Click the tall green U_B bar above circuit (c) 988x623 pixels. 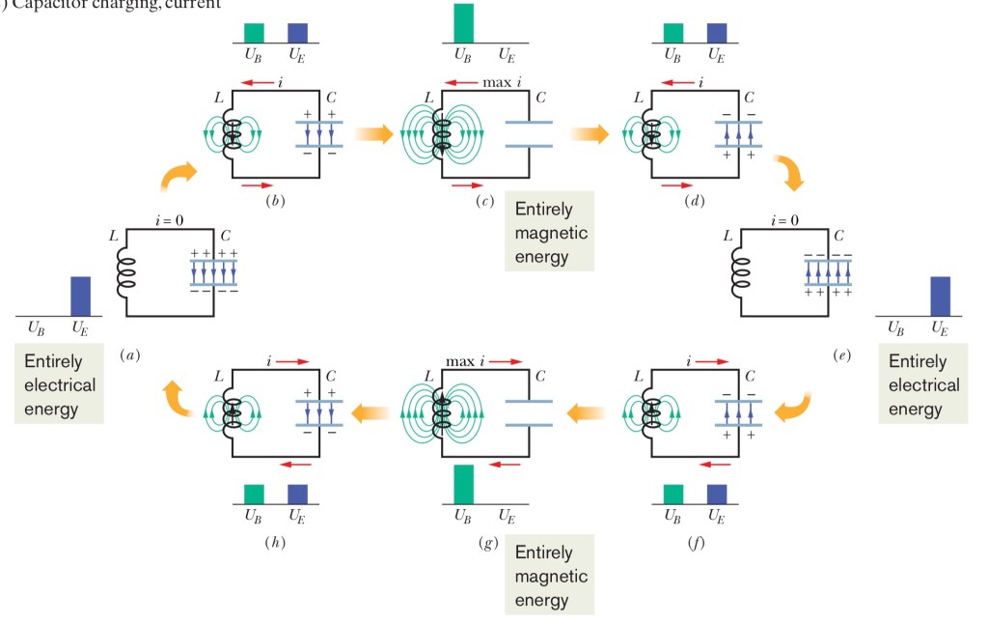click(x=464, y=24)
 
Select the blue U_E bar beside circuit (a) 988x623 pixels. click(x=80, y=296)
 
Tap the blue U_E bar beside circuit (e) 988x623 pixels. click(x=940, y=296)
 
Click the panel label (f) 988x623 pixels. click(x=695, y=542)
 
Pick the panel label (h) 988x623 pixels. click(x=273, y=542)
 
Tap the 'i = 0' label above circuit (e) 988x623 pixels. click(x=785, y=219)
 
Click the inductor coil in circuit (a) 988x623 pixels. click(x=125, y=272)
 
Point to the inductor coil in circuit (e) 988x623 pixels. click(x=740, y=272)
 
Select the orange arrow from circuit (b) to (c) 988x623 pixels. click(x=373, y=133)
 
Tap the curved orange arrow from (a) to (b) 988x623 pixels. click(x=179, y=176)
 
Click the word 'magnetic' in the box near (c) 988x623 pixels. click(x=551, y=233)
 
